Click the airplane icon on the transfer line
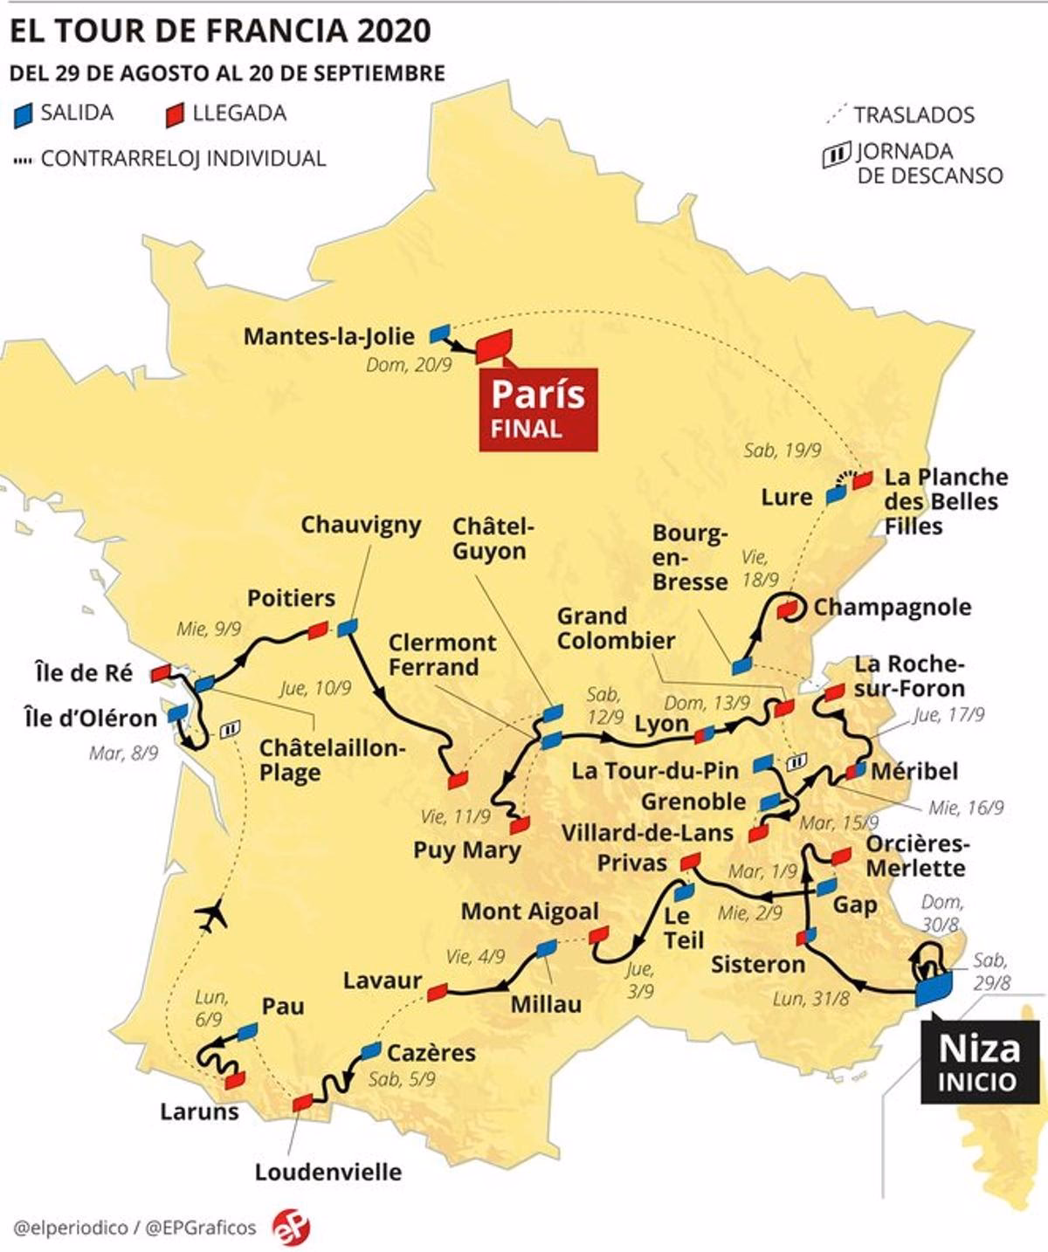211,916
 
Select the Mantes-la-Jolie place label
329,337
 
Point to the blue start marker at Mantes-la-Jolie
441,333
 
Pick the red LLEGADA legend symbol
175,114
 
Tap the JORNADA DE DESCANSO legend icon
836,155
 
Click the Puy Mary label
467,850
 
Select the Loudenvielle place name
328,1172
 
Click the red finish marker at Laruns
234,1080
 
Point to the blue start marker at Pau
248,1031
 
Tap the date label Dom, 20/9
409,365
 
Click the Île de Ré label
84,673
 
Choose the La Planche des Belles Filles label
945,501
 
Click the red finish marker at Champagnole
789,608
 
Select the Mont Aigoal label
529,911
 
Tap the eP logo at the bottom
291,1227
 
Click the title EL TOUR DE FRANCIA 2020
220,31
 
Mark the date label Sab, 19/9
783,451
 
